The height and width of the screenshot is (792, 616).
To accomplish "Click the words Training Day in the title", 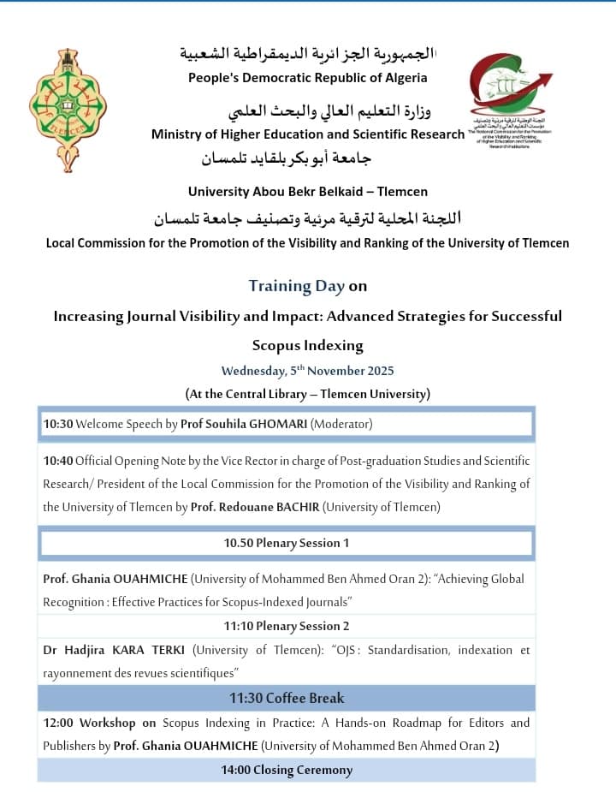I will (296, 286).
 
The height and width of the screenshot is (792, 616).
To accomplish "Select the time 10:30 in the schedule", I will (58, 424).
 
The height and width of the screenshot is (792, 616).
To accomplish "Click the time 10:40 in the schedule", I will (58, 461).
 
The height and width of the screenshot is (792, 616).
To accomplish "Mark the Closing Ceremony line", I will (286, 770).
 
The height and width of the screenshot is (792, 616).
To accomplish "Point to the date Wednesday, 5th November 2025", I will (307, 371).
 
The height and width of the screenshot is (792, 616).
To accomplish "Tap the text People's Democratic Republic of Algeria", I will (307, 78).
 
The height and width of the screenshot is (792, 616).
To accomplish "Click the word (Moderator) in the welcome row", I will (341, 424).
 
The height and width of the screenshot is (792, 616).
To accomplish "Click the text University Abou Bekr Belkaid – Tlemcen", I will (307, 191).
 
